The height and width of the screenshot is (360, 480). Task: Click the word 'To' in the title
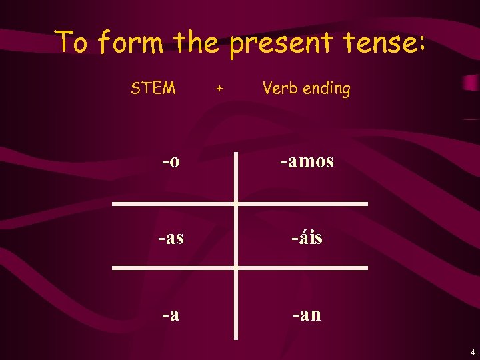point(71,42)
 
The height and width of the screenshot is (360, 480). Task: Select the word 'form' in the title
point(131,43)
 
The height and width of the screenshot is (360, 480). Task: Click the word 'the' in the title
point(197,43)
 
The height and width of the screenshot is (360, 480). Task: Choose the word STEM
point(153,88)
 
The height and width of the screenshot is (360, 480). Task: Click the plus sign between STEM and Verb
point(220,88)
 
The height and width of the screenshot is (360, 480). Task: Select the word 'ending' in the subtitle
point(326,89)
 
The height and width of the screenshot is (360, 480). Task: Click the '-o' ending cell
point(170,161)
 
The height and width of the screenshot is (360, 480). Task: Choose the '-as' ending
point(171,237)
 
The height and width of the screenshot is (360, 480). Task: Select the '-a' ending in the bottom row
point(170,313)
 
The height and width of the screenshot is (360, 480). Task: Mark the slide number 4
point(472,351)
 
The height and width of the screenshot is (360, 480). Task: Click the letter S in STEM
point(135,88)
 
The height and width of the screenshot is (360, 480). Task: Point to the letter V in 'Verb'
point(267,88)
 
